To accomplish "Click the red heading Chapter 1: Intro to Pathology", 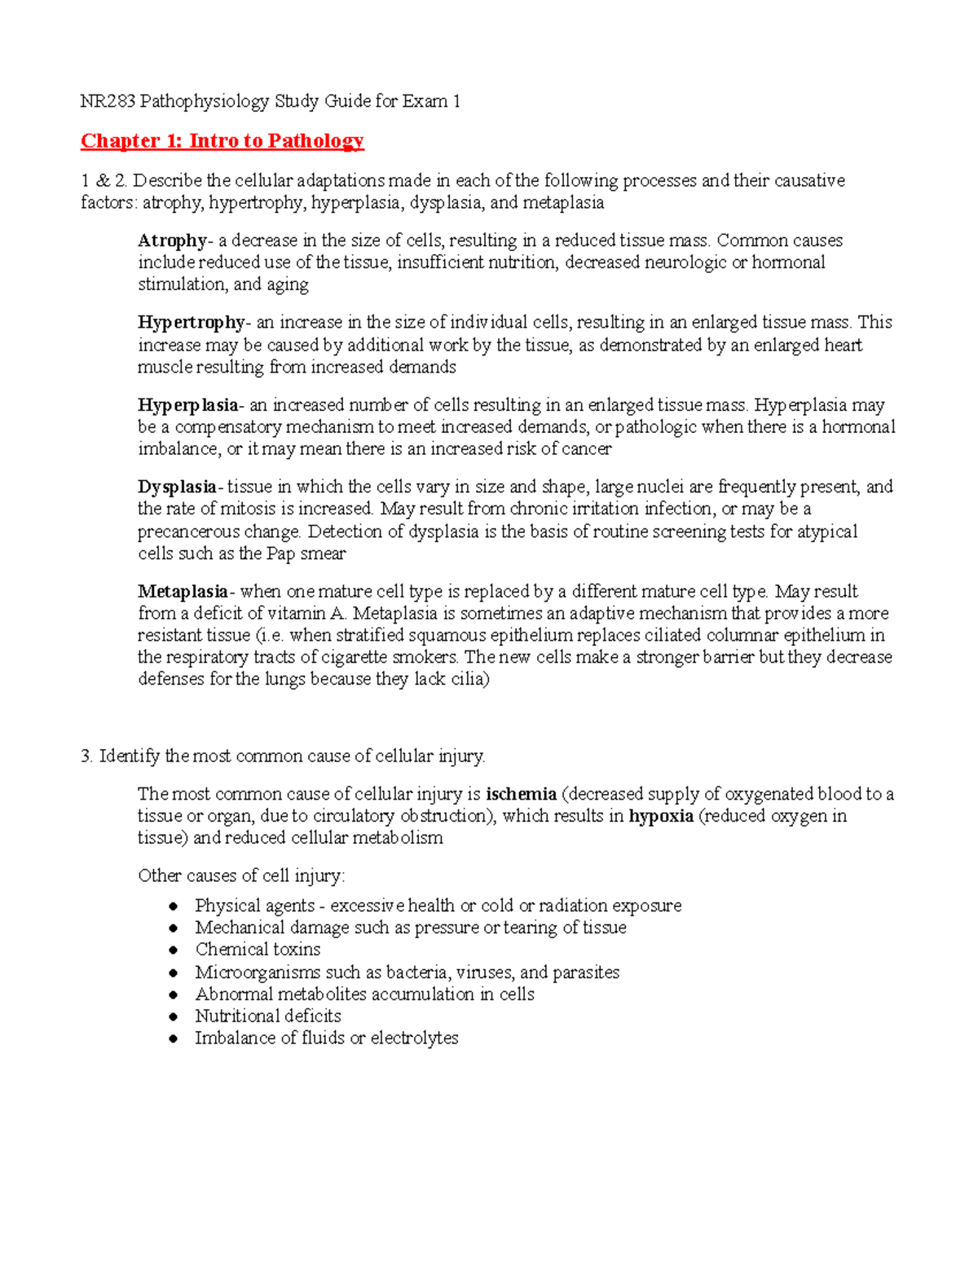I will tap(222, 141).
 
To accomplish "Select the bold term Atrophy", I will tap(172, 240).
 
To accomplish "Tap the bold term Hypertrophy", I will tap(191, 322).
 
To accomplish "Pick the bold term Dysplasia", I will tap(177, 487).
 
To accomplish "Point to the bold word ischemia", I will tap(521, 794).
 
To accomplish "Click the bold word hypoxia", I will tap(661, 816).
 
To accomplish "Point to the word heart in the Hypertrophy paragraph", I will tap(843, 345).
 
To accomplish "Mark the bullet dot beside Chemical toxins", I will tap(173, 951).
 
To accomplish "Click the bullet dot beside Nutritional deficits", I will tap(173, 1017).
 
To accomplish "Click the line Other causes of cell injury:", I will tap(241, 876).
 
